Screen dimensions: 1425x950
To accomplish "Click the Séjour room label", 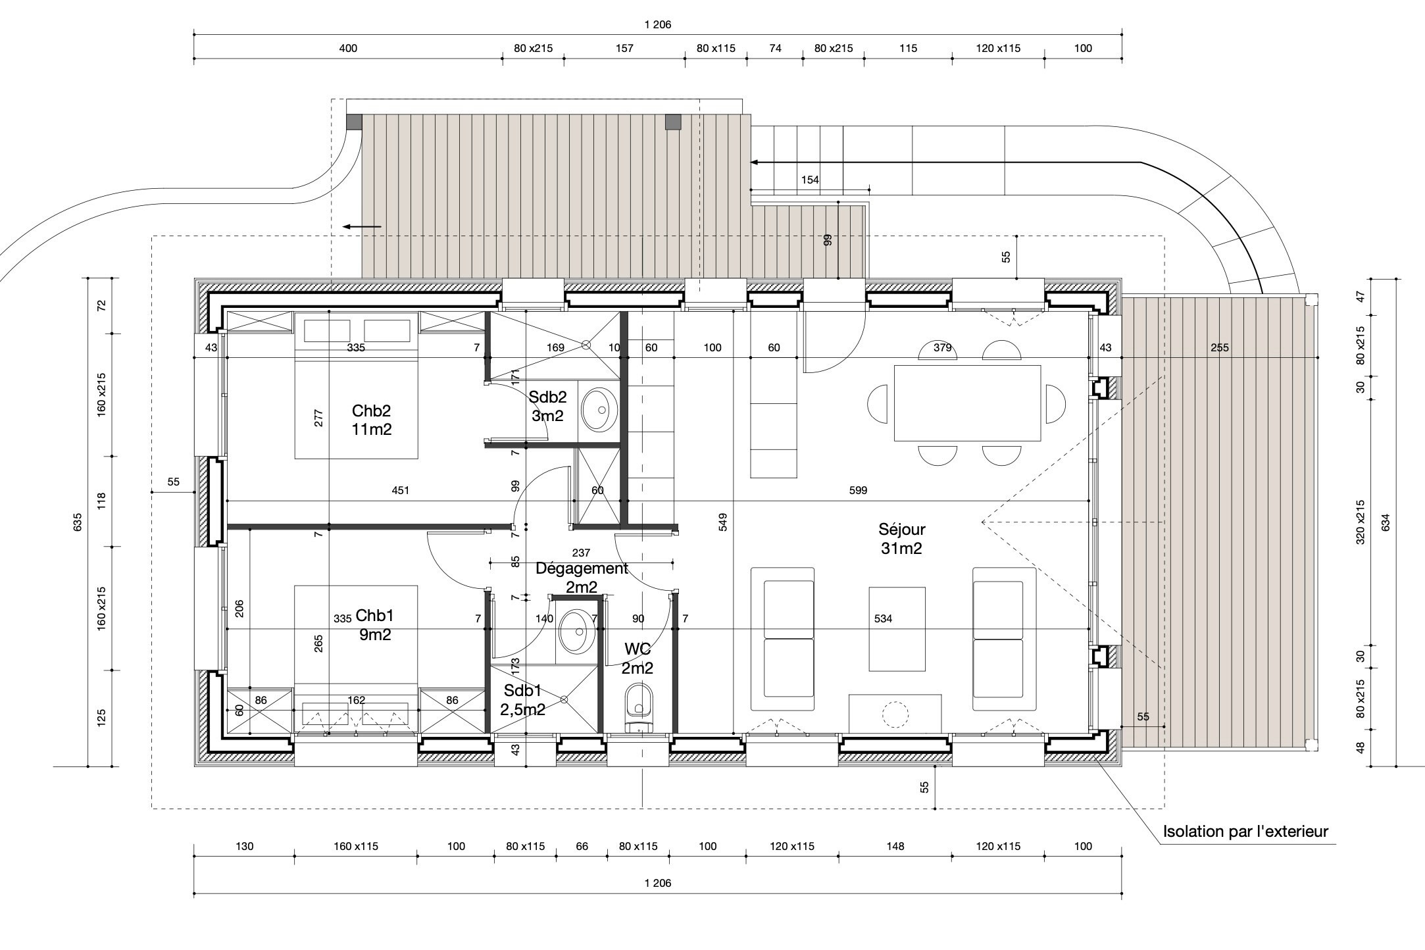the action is tap(901, 538).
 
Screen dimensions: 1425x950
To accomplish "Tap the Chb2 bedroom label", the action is tap(372, 420).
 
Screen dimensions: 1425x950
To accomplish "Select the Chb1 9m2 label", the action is tap(374, 625).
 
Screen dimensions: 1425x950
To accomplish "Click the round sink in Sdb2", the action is tap(599, 409).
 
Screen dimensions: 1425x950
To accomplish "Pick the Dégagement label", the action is tap(582, 568).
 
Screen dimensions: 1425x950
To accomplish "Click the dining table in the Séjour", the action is tap(967, 403).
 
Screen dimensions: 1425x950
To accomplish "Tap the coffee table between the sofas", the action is tap(897, 629).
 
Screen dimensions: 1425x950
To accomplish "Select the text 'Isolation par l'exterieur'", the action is tap(1245, 831).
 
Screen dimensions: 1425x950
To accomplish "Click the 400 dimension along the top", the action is tap(348, 48).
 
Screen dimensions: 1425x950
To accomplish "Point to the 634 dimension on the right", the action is tap(1386, 523).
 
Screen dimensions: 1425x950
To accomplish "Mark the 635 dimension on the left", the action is tap(78, 522).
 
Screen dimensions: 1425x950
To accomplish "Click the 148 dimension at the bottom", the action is tap(895, 846).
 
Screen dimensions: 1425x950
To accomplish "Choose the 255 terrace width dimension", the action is tap(1219, 347).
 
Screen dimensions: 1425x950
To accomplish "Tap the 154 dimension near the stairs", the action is tap(810, 180).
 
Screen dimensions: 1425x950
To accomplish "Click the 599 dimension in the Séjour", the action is tap(858, 490).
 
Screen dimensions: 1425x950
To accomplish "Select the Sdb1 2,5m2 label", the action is tap(523, 700).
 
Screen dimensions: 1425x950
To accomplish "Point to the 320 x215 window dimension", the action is tap(1361, 522).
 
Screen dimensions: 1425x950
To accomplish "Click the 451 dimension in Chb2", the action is tap(400, 490).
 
